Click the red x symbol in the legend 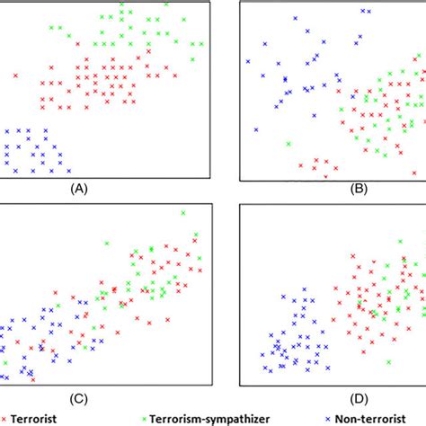(4, 418)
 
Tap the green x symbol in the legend (147, 418)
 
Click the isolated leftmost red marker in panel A (15, 75)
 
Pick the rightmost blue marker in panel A (70, 168)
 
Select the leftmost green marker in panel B (288, 143)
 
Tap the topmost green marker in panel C (182, 213)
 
